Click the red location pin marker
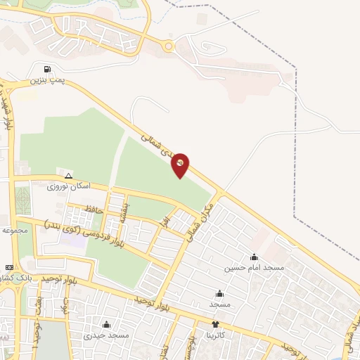[x=181, y=164]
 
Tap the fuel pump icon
[x=47, y=70]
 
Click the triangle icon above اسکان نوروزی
[x=68, y=176]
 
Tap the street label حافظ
[x=94, y=209]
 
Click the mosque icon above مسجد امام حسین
[x=254, y=257]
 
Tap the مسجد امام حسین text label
[x=254, y=268]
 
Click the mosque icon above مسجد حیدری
[x=106, y=324]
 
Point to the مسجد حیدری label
[x=106, y=335]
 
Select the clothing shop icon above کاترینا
[x=215, y=324]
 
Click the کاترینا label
[x=215, y=335]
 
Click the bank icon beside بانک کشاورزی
[x=9, y=268]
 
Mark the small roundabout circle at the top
[x=168, y=47]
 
